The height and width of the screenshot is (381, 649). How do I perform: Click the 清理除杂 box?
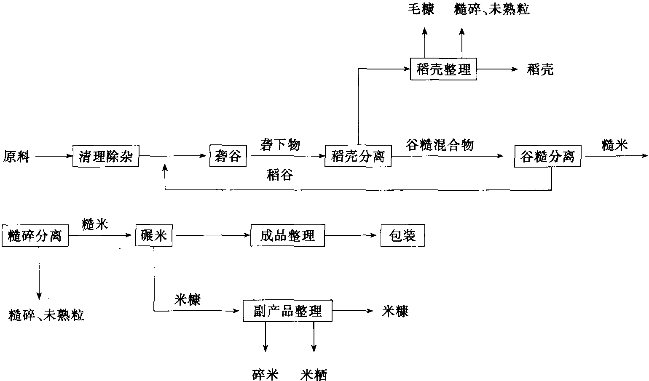(x=106, y=156)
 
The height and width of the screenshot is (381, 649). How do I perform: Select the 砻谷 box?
(x=228, y=156)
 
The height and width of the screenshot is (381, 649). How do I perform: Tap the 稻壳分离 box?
(x=358, y=156)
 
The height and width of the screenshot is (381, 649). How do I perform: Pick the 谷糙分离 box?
(x=547, y=156)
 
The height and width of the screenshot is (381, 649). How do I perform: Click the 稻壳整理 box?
(x=444, y=69)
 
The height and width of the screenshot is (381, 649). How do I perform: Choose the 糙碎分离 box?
(x=35, y=236)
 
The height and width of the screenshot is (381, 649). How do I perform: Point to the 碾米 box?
(x=154, y=235)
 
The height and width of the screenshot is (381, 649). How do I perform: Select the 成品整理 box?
(x=288, y=235)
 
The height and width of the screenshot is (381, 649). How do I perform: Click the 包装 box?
(x=403, y=235)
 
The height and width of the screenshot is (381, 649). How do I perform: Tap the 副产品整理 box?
(x=288, y=311)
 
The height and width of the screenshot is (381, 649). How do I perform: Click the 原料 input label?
(x=16, y=157)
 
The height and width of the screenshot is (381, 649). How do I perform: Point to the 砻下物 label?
(x=280, y=144)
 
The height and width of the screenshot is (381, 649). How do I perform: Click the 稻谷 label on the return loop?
(x=280, y=175)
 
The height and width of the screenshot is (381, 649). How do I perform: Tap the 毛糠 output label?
(x=421, y=9)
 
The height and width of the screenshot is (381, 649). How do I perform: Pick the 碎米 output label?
(x=265, y=375)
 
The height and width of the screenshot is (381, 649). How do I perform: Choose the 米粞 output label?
(x=314, y=375)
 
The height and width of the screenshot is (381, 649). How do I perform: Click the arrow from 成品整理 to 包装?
(x=351, y=235)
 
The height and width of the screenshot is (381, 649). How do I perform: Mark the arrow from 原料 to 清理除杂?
(x=54, y=156)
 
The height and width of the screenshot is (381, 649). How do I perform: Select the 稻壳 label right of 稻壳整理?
(x=540, y=70)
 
